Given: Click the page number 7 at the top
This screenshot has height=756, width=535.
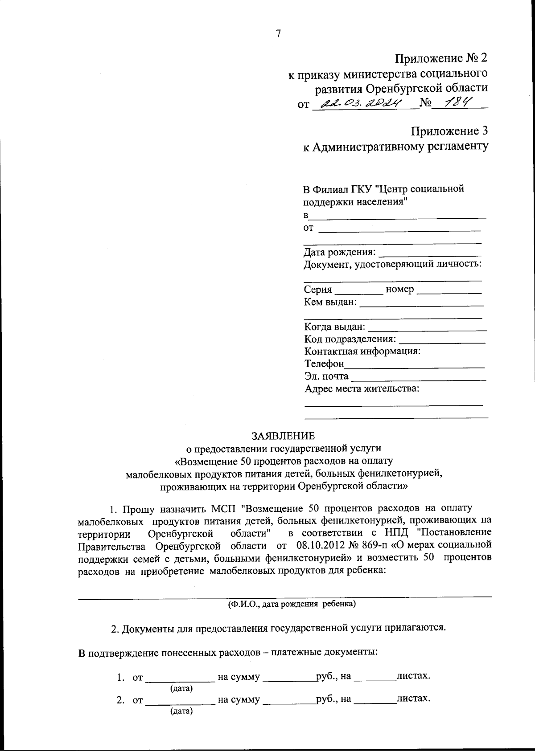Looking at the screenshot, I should [x=278, y=34].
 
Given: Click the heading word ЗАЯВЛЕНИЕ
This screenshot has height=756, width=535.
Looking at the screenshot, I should [x=283, y=435].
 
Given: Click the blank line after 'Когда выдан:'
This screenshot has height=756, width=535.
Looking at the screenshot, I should [x=427, y=329].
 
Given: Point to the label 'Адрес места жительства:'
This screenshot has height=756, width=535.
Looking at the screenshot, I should [x=362, y=389].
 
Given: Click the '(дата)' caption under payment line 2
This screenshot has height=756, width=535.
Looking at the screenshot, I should [x=181, y=711].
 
